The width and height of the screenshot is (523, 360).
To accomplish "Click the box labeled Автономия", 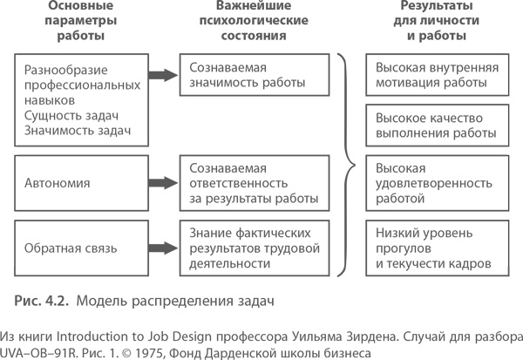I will pyautogui.click(x=79, y=184).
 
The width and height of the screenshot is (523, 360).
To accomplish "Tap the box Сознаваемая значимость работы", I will pyautogui.click(x=253, y=76).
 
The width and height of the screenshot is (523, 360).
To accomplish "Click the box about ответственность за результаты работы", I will pyautogui.click(x=253, y=184).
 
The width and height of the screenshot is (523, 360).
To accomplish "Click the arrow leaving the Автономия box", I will pyautogui.click(x=160, y=184).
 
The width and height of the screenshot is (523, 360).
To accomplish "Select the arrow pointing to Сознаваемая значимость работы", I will pyautogui.click(x=160, y=76).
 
